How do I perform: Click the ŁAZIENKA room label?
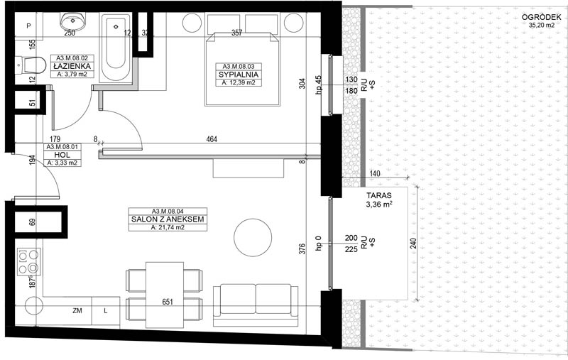(72, 66)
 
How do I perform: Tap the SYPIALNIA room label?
(239, 75)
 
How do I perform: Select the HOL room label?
(62, 155)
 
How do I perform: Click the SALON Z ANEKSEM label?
(168, 219)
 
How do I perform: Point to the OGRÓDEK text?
(541, 17)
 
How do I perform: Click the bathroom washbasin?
(73, 21)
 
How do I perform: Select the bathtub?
(116, 48)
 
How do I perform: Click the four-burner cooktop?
(28, 262)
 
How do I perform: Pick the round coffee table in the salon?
(253, 238)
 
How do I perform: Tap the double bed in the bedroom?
(243, 69)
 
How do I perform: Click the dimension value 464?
(212, 138)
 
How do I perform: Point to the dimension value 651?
(168, 302)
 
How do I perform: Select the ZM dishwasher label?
(77, 311)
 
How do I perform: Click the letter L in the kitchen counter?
(105, 311)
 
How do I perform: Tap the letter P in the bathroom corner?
(28, 26)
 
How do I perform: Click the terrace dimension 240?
(414, 243)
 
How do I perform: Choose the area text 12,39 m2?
(239, 82)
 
